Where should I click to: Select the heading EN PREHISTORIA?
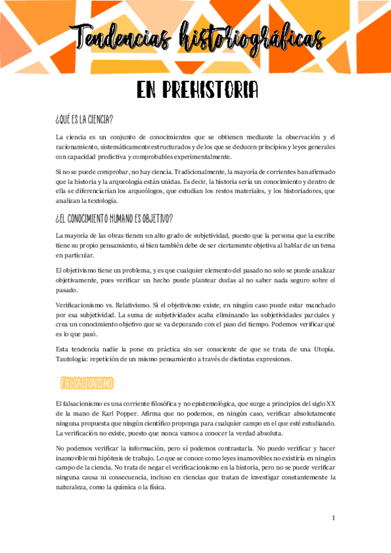196,91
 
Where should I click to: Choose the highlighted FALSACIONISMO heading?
86,381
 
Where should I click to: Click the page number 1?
334,518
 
